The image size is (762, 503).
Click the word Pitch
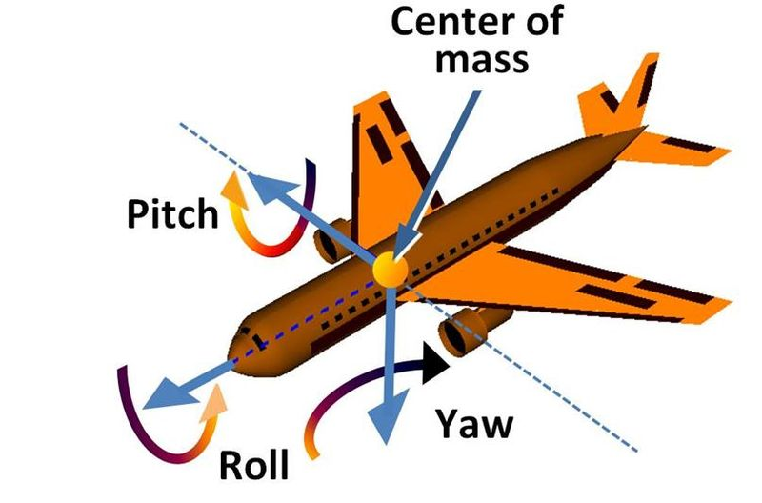tap(171, 216)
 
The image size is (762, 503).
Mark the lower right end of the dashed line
tap(632, 447)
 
